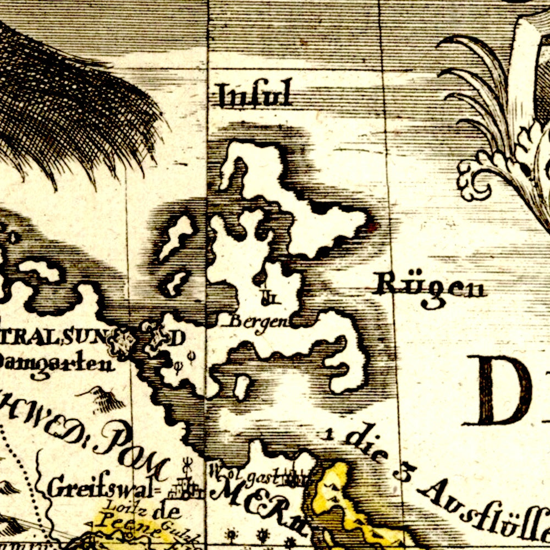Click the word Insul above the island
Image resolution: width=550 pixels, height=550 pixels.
pyautogui.click(x=254, y=95)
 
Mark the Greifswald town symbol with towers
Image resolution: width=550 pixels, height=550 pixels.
pyautogui.click(x=186, y=486)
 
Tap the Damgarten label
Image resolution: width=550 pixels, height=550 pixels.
pyautogui.click(x=55, y=362)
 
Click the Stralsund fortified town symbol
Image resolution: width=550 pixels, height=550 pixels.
pyautogui.click(x=124, y=340)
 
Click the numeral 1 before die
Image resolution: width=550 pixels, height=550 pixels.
pyautogui.click(x=329, y=434)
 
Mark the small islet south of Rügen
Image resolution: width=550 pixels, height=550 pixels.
pyautogui.click(x=241, y=387)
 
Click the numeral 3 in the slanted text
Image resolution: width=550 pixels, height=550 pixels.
pyautogui.click(x=404, y=473)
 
